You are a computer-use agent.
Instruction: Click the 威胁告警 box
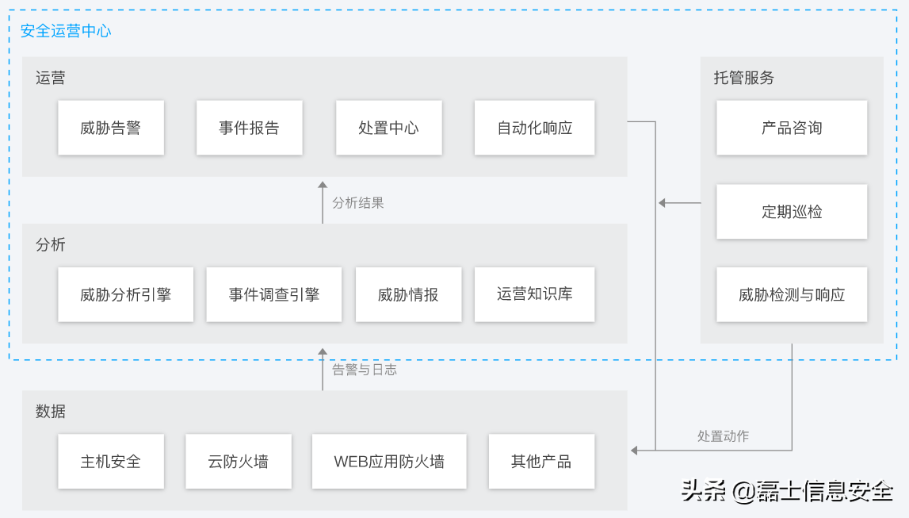coord(110,128)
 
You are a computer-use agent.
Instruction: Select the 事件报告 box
coord(249,128)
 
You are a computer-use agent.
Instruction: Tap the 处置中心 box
coord(388,128)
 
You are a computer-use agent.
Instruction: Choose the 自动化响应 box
coord(534,128)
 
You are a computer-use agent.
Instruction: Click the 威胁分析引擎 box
coord(125,294)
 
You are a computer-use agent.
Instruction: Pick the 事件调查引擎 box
coord(273,294)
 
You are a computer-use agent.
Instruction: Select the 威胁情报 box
coord(408,294)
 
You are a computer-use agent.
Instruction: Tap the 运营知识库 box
coord(534,294)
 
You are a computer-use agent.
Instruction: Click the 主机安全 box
coord(110,461)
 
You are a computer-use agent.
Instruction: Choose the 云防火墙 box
coord(238,461)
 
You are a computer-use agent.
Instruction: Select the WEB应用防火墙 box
coord(388,461)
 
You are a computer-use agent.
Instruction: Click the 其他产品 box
coord(541,461)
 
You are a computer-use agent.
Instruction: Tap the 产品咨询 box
coord(791,128)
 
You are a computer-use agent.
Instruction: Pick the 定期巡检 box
coord(791,212)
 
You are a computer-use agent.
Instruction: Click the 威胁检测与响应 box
coord(791,294)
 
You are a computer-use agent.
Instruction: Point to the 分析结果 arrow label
coord(357,203)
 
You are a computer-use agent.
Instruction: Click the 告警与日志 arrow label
coord(364,370)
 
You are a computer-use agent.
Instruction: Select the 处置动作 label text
coord(723,436)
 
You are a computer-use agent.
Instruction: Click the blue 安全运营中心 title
coord(66,32)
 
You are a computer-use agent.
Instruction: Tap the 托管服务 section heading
coord(743,78)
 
